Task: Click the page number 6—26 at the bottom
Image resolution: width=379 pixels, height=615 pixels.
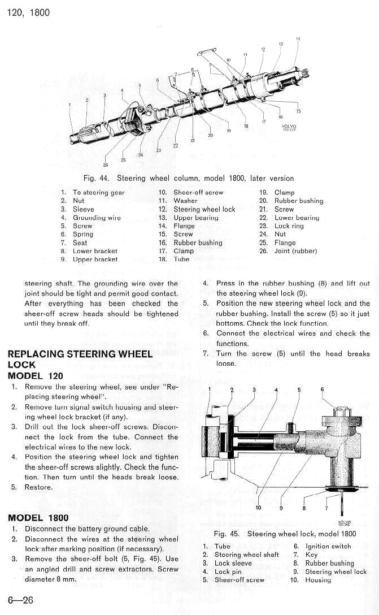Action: point(20,600)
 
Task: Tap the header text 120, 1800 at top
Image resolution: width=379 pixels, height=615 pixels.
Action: point(28,12)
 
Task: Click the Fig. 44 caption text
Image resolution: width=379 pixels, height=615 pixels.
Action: point(188,178)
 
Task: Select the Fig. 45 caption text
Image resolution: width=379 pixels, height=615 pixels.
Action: point(285,534)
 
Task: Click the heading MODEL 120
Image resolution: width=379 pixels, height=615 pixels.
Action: point(35,376)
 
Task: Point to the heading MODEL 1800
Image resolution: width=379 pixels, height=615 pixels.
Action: point(38,518)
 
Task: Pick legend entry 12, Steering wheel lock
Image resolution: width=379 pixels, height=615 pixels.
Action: point(204,209)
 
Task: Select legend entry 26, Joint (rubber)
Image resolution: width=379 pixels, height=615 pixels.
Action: point(295,251)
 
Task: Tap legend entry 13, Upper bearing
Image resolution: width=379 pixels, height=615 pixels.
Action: point(195,218)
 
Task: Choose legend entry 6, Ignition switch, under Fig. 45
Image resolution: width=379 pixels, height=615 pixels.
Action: point(328,547)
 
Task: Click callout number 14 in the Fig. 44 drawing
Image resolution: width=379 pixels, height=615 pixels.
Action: point(298,38)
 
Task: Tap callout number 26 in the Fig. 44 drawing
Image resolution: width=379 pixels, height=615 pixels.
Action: point(106,165)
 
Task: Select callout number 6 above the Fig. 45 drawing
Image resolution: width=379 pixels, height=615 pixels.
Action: point(322,389)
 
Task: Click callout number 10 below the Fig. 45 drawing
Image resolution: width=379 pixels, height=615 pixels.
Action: point(259,507)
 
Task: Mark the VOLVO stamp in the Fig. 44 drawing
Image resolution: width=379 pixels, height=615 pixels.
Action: point(289,126)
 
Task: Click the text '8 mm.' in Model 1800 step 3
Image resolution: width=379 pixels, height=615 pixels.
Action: point(65,579)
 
